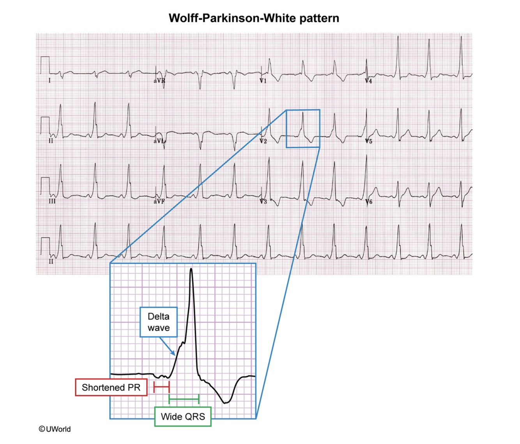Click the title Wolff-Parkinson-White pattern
click(254, 18)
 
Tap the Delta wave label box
click(159, 322)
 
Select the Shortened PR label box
click(111, 387)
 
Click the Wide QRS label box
click(183, 417)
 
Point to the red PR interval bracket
click(162, 387)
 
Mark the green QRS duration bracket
click(184, 399)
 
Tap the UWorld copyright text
click(55, 429)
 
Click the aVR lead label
click(159, 81)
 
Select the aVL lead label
click(159, 141)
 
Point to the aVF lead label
click(159, 201)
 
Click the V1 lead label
click(263, 81)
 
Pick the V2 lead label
click(263, 141)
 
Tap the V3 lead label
click(263, 201)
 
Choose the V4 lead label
click(368, 81)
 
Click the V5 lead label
click(368, 141)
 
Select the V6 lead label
click(368, 201)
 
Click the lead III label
click(52, 201)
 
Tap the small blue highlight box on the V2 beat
click(303, 129)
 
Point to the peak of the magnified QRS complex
click(191, 269)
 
